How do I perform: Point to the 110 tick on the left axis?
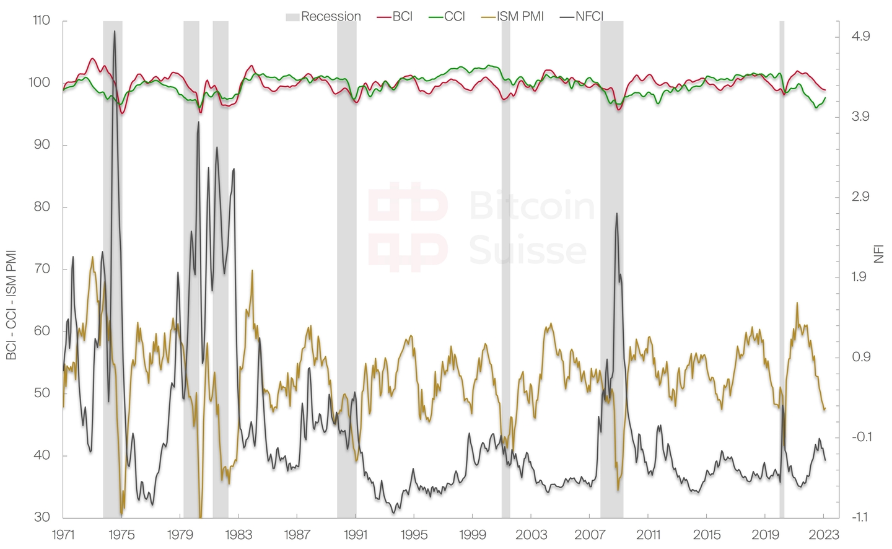[42, 20]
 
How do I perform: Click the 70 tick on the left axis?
[42, 269]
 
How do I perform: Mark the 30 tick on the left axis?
[42, 517]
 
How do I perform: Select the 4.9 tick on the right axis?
[860, 37]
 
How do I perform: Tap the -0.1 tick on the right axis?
[861, 437]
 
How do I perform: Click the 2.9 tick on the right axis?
[860, 197]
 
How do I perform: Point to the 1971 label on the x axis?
[63, 535]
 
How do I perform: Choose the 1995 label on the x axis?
[414, 535]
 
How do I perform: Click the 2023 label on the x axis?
[824, 535]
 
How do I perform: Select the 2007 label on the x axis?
[590, 535]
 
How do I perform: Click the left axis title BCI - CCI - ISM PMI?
[11, 304]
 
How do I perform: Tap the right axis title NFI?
[879, 254]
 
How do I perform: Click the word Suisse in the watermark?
[527, 251]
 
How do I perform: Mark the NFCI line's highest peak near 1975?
[114, 32]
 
